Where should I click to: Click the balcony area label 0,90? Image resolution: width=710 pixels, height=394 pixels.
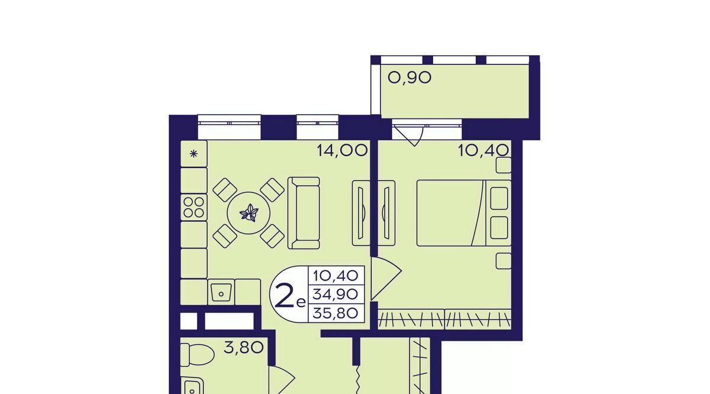coord(409,77)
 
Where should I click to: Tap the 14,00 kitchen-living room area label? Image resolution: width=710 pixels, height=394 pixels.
coord(343,150)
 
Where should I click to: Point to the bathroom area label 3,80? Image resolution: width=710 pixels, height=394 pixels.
coord(243,347)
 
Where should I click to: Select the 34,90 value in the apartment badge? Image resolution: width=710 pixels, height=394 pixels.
coord(335,295)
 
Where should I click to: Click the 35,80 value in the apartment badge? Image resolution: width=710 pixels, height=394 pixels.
coord(335,313)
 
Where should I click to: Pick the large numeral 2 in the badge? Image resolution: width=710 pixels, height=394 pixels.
coord(285,295)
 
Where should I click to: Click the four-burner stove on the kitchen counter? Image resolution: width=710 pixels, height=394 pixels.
coord(193,207)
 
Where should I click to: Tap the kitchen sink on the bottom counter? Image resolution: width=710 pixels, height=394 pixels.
coord(221,293)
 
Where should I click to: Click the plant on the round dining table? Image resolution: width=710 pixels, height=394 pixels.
coord(249,213)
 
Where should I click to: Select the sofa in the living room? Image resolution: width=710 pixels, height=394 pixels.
coord(304,213)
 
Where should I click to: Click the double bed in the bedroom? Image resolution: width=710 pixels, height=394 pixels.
coord(464,213)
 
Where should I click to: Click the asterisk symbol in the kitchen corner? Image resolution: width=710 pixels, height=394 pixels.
coord(193,154)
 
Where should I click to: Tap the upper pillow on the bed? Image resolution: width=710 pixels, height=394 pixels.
coord(499,198)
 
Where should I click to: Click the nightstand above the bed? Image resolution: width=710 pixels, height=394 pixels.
coord(504,166)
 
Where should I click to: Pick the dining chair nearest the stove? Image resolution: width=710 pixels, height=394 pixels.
coord(225,190)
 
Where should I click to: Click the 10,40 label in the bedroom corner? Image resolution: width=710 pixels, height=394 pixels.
coord(483,150)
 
